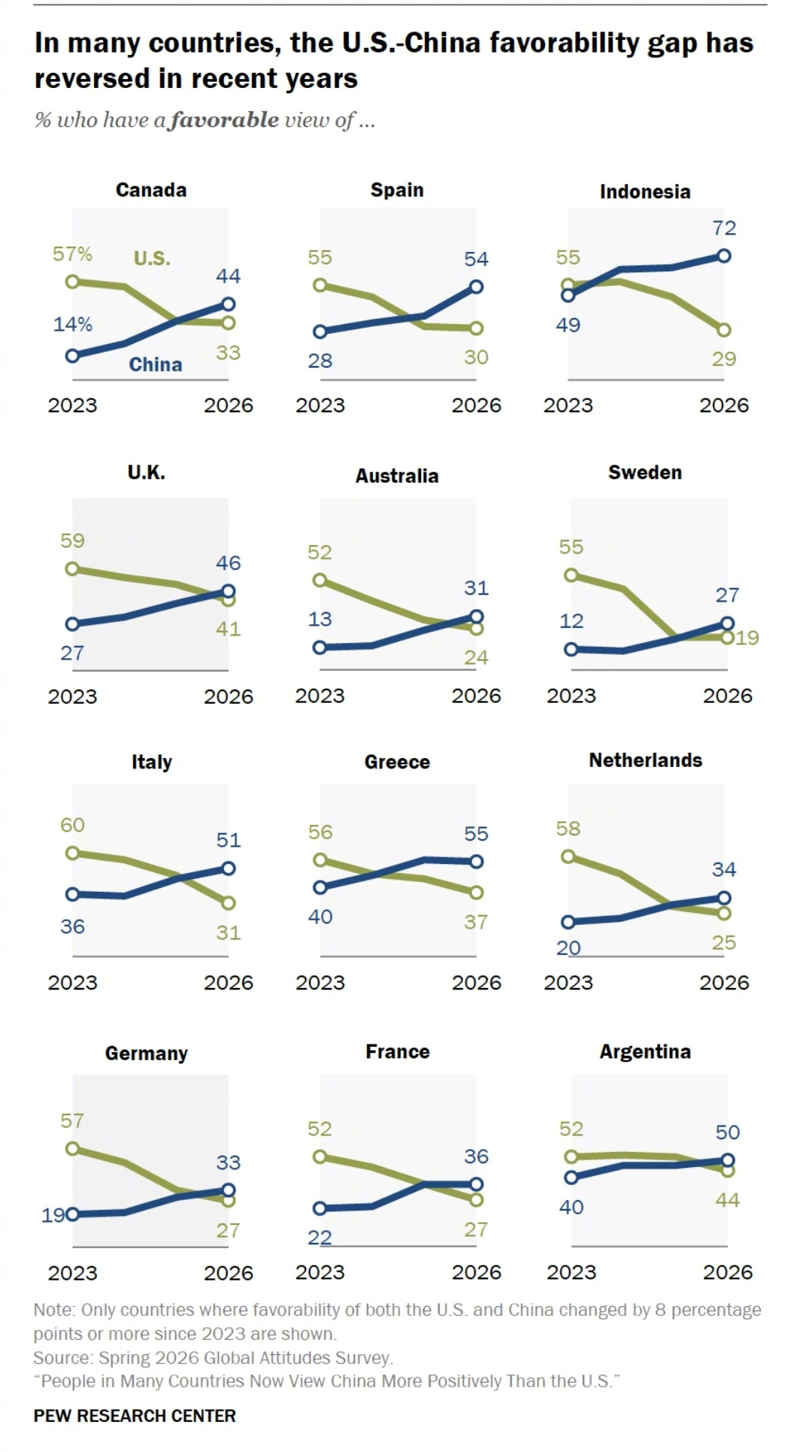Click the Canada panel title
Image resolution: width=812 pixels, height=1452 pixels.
click(x=151, y=189)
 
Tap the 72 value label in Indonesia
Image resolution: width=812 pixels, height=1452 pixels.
click(x=724, y=228)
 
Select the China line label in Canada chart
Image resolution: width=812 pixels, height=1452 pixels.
click(x=156, y=365)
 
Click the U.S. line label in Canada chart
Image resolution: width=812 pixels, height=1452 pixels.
click(x=152, y=259)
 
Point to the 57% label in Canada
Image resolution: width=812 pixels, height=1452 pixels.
click(x=72, y=254)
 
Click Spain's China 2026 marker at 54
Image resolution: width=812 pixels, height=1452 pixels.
click(x=476, y=286)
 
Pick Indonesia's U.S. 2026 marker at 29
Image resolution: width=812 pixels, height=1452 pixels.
click(x=724, y=330)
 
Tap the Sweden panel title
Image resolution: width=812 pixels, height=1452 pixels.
click(x=645, y=472)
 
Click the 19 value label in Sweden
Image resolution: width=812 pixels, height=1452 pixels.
click(x=747, y=638)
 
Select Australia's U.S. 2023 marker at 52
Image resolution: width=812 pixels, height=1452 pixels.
click(x=320, y=580)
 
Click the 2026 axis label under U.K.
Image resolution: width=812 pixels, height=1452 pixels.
click(x=229, y=696)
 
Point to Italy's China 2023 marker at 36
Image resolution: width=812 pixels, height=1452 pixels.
click(x=72, y=894)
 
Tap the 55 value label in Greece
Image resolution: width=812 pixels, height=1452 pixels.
click(x=476, y=834)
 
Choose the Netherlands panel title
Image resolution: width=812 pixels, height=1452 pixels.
click(x=646, y=760)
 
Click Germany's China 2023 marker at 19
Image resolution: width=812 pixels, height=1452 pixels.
click(x=72, y=1214)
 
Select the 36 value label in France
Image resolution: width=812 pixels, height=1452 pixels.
click(x=476, y=1156)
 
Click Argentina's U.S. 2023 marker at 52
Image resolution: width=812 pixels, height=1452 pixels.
click(x=571, y=1156)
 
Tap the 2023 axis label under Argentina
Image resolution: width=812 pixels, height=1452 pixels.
click(x=571, y=1272)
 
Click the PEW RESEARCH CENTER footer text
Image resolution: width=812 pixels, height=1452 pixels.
click(x=135, y=1416)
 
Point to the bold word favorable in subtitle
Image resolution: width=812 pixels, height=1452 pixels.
click(x=225, y=120)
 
